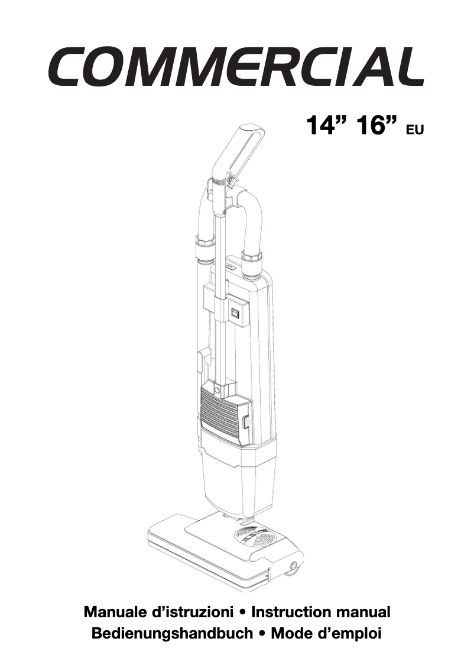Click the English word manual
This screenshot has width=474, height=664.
[363, 612]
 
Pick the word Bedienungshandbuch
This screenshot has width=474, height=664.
[172, 634]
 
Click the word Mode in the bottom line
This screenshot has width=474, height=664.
[292, 634]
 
